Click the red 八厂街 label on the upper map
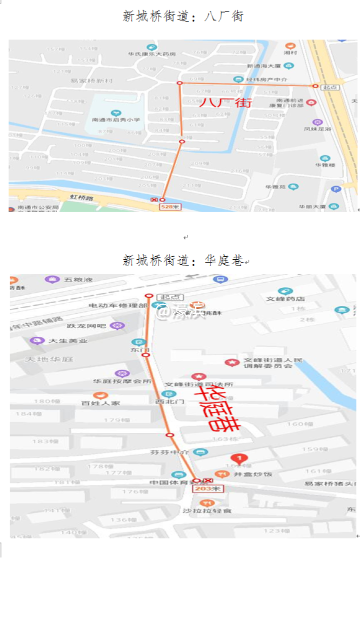pyautogui.click(x=225, y=104)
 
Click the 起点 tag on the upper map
pyautogui.click(x=330, y=87)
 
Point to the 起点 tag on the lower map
pyautogui.click(x=168, y=297)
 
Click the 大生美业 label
pyautogui.click(x=67, y=341)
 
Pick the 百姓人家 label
pyautogui.click(x=101, y=403)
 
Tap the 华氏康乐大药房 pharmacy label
pyautogui.click(x=151, y=54)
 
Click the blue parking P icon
pyautogui.click(x=336, y=189)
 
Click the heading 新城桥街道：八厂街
pyautogui.click(x=183, y=16)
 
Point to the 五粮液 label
pyautogui.click(x=75, y=279)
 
